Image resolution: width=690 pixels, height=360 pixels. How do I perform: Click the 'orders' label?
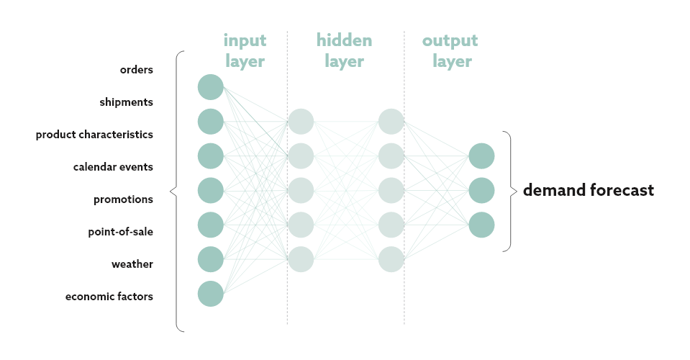(137, 70)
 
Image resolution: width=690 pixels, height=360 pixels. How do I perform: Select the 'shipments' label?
(126, 102)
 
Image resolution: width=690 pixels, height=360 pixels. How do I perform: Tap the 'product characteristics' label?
(94, 135)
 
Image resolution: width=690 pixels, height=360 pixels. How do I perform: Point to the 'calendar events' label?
(113, 167)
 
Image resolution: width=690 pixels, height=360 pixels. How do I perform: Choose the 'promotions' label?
(123, 199)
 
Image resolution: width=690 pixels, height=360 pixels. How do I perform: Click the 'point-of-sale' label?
(120, 232)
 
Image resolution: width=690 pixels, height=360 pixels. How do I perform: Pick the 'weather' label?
(132, 264)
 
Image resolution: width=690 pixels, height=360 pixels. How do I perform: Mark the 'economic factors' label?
(109, 297)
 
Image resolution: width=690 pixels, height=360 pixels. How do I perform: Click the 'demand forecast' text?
(588, 191)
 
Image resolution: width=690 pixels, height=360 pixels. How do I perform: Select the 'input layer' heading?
(245, 50)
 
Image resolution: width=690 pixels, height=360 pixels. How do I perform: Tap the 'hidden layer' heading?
(344, 50)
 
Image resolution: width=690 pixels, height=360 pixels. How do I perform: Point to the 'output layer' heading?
(450, 50)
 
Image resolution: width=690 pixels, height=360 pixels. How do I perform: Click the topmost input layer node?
(211, 87)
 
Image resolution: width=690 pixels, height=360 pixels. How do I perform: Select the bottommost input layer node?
(211, 294)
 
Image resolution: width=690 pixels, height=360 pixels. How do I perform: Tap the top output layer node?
(481, 156)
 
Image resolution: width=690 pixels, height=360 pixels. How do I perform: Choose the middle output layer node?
(481, 190)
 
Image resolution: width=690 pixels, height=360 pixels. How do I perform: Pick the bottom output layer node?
(481, 225)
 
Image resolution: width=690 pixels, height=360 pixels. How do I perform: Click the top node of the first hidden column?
(301, 121)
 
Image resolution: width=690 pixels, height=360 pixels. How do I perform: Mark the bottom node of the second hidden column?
(391, 259)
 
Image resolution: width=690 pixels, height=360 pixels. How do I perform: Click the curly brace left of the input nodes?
(175, 191)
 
